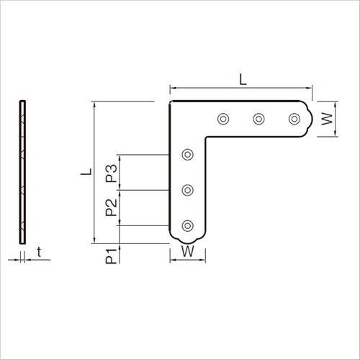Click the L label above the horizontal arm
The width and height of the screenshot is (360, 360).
click(x=243, y=79)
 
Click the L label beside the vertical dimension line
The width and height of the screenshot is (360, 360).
click(x=86, y=171)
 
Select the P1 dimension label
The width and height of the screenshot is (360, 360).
click(x=111, y=256)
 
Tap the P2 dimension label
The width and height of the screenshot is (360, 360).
click(x=111, y=208)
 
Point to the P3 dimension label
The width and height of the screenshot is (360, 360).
click(x=111, y=174)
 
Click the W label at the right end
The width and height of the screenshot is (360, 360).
click(x=327, y=119)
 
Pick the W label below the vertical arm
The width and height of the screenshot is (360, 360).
click(x=187, y=251)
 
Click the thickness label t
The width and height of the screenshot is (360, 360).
click(x=39, y=252)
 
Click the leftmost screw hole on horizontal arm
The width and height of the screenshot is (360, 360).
click(x=223, y=119)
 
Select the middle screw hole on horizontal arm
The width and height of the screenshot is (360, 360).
click(x=258, y=119)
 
